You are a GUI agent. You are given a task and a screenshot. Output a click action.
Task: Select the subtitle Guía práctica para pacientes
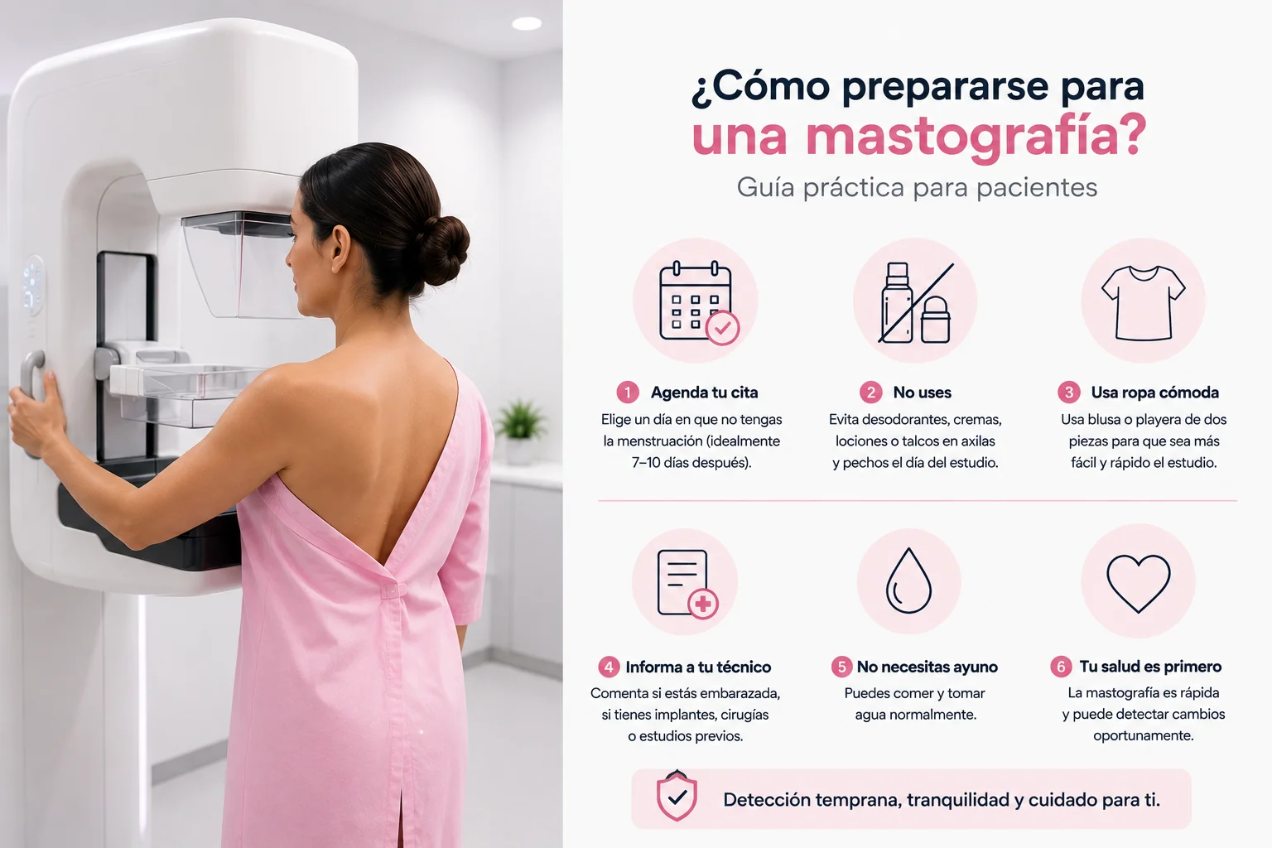coord(917,187)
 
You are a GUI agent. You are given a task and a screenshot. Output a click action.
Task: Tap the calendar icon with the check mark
coord(698,302)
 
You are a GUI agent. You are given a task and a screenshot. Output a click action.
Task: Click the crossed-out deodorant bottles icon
coord(915,302)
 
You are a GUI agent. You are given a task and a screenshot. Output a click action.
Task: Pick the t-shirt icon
coord(1143,303)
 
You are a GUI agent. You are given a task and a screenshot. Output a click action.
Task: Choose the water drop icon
coord(908,581)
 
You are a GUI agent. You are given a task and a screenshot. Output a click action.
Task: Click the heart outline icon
coord(1138,583)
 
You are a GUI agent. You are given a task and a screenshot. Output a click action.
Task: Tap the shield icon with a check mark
coord(677,797)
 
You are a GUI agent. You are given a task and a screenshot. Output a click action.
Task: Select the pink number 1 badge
coord(628,393)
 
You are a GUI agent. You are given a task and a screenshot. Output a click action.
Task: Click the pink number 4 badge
coord(609,667)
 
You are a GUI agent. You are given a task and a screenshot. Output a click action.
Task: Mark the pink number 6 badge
coord(1061,667)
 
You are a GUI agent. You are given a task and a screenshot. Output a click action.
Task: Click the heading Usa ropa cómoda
coord(1154,393)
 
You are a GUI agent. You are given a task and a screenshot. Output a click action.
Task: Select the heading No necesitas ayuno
coord(927,667)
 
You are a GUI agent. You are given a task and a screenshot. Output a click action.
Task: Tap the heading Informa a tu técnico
coord(698,667)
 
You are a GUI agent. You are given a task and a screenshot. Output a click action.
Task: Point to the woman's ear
coord(340,248)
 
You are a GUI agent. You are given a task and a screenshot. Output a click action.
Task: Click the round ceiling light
coord(527,23)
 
